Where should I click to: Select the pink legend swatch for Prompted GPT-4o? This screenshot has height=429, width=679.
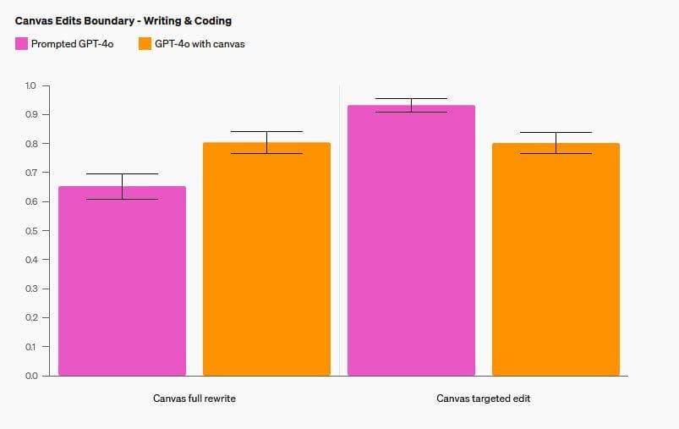[21, 44]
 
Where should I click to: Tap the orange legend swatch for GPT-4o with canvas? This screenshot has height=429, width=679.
[145, 44]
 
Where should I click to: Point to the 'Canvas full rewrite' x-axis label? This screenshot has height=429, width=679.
[194, 399]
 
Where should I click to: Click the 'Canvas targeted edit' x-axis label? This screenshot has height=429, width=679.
[484, 399]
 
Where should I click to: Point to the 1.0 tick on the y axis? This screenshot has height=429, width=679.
[31, 85]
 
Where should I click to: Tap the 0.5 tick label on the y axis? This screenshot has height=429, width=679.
[31, 231]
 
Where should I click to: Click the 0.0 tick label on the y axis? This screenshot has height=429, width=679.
[31, 376]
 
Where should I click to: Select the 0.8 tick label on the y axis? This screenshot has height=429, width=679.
[31, 144]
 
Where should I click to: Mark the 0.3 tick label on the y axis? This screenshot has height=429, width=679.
[31, 289]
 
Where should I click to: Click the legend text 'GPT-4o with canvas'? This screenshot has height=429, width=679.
[200, 44]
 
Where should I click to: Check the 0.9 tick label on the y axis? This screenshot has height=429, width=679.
[31, 114]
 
